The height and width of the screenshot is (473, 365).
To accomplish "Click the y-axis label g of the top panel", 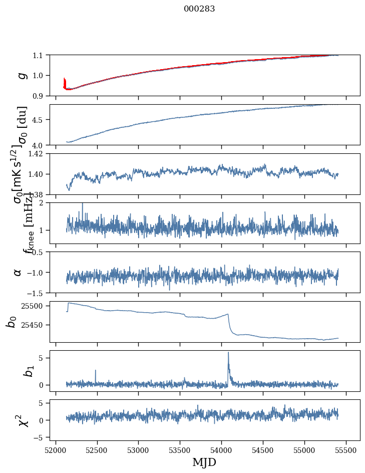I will [22, 75].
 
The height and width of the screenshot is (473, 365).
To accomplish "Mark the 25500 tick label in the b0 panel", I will [34, 306].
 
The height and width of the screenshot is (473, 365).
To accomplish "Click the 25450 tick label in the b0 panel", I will [34, 325].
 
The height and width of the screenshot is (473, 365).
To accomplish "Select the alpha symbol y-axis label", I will [18, 272].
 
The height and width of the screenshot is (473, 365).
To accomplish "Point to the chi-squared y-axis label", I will [22, 420].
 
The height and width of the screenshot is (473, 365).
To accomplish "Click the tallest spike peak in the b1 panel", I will [228, 352].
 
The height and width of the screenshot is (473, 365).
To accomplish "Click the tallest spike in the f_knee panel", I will [83, 203].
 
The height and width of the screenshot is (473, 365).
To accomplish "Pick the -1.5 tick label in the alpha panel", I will [36, 293].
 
